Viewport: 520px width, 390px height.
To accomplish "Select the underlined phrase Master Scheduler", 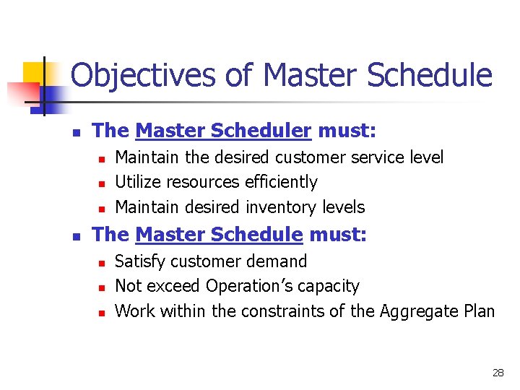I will [x=223, y=131].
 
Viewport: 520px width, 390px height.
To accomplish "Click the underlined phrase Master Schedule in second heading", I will [x=219, y=235].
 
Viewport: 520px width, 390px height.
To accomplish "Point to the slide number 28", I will [x=498, y=373].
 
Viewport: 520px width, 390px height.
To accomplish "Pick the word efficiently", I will [x=277, y=182].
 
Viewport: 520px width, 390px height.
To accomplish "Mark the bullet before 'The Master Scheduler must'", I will [x=77, y=132].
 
